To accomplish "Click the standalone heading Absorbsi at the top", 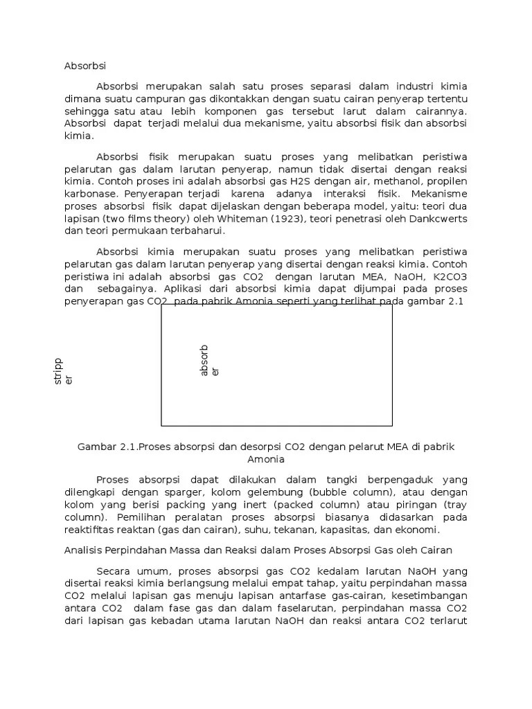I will pos(85,66).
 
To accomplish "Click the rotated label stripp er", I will pos(62,371).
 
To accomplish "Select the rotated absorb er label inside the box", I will pos(209,361).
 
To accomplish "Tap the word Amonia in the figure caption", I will pos(266,458).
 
